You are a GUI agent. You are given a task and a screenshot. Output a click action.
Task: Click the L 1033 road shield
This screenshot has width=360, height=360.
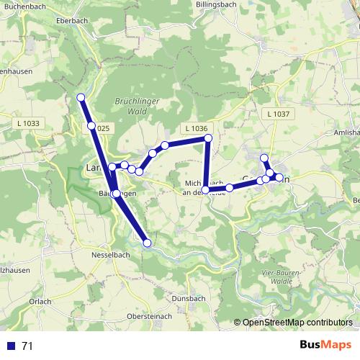28,123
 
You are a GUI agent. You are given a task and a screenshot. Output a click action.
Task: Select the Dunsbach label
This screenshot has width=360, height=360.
189,298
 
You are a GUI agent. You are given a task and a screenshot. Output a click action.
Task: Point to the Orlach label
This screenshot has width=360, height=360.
40,301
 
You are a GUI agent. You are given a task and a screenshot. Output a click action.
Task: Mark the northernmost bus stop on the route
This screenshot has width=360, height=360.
81,97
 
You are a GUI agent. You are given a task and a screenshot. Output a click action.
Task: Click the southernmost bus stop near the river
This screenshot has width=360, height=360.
148,243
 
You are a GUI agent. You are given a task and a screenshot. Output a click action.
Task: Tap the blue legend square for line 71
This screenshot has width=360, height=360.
11,346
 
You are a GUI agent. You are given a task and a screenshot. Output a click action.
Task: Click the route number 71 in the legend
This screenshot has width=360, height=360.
27,346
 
